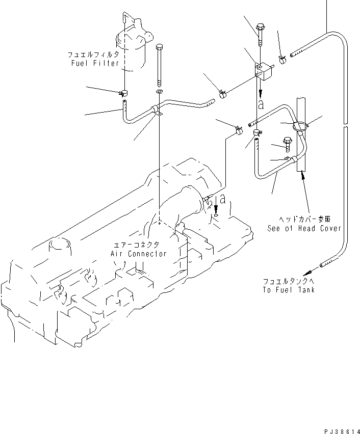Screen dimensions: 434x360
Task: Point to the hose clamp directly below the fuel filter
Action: (123, 93)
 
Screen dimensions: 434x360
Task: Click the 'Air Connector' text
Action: (138, 254)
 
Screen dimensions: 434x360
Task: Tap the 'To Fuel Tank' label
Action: (289, 290)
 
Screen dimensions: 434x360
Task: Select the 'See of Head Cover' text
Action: (304, 229)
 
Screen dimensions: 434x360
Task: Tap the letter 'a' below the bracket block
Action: (261, 105)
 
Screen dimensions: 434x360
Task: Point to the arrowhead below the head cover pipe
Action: (303, 176)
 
